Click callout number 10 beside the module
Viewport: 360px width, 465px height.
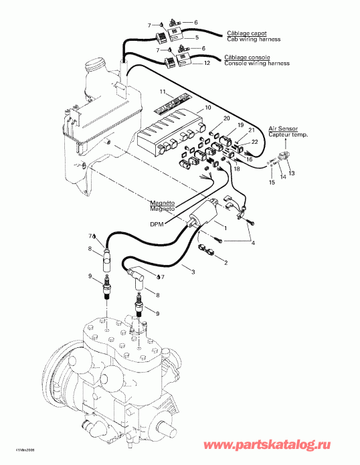pos(208,107)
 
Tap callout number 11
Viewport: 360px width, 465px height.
pos(162,91)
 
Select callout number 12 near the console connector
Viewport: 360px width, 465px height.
pos(207,62)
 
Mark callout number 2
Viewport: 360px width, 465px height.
pos(226,263)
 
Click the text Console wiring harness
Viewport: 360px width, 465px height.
pos(257,64)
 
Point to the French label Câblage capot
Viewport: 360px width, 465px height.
pos(244,33)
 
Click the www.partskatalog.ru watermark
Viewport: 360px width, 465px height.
pos(298,446)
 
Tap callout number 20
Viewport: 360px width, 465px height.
pos(226,118)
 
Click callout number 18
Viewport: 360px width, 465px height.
pos(236,171)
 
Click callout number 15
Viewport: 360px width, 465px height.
pos(272,183)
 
